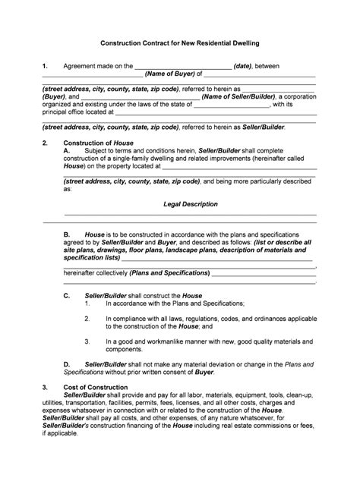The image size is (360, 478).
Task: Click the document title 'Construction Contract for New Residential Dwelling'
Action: (x=180, y=44)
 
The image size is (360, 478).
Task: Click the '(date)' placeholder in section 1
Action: (x=246, y=66)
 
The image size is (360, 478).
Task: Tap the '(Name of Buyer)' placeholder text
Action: (x=169, y=74)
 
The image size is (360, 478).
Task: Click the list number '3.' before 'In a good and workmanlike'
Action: (x=88, y=341)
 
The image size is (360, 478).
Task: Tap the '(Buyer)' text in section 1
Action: (x=54, y=97)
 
